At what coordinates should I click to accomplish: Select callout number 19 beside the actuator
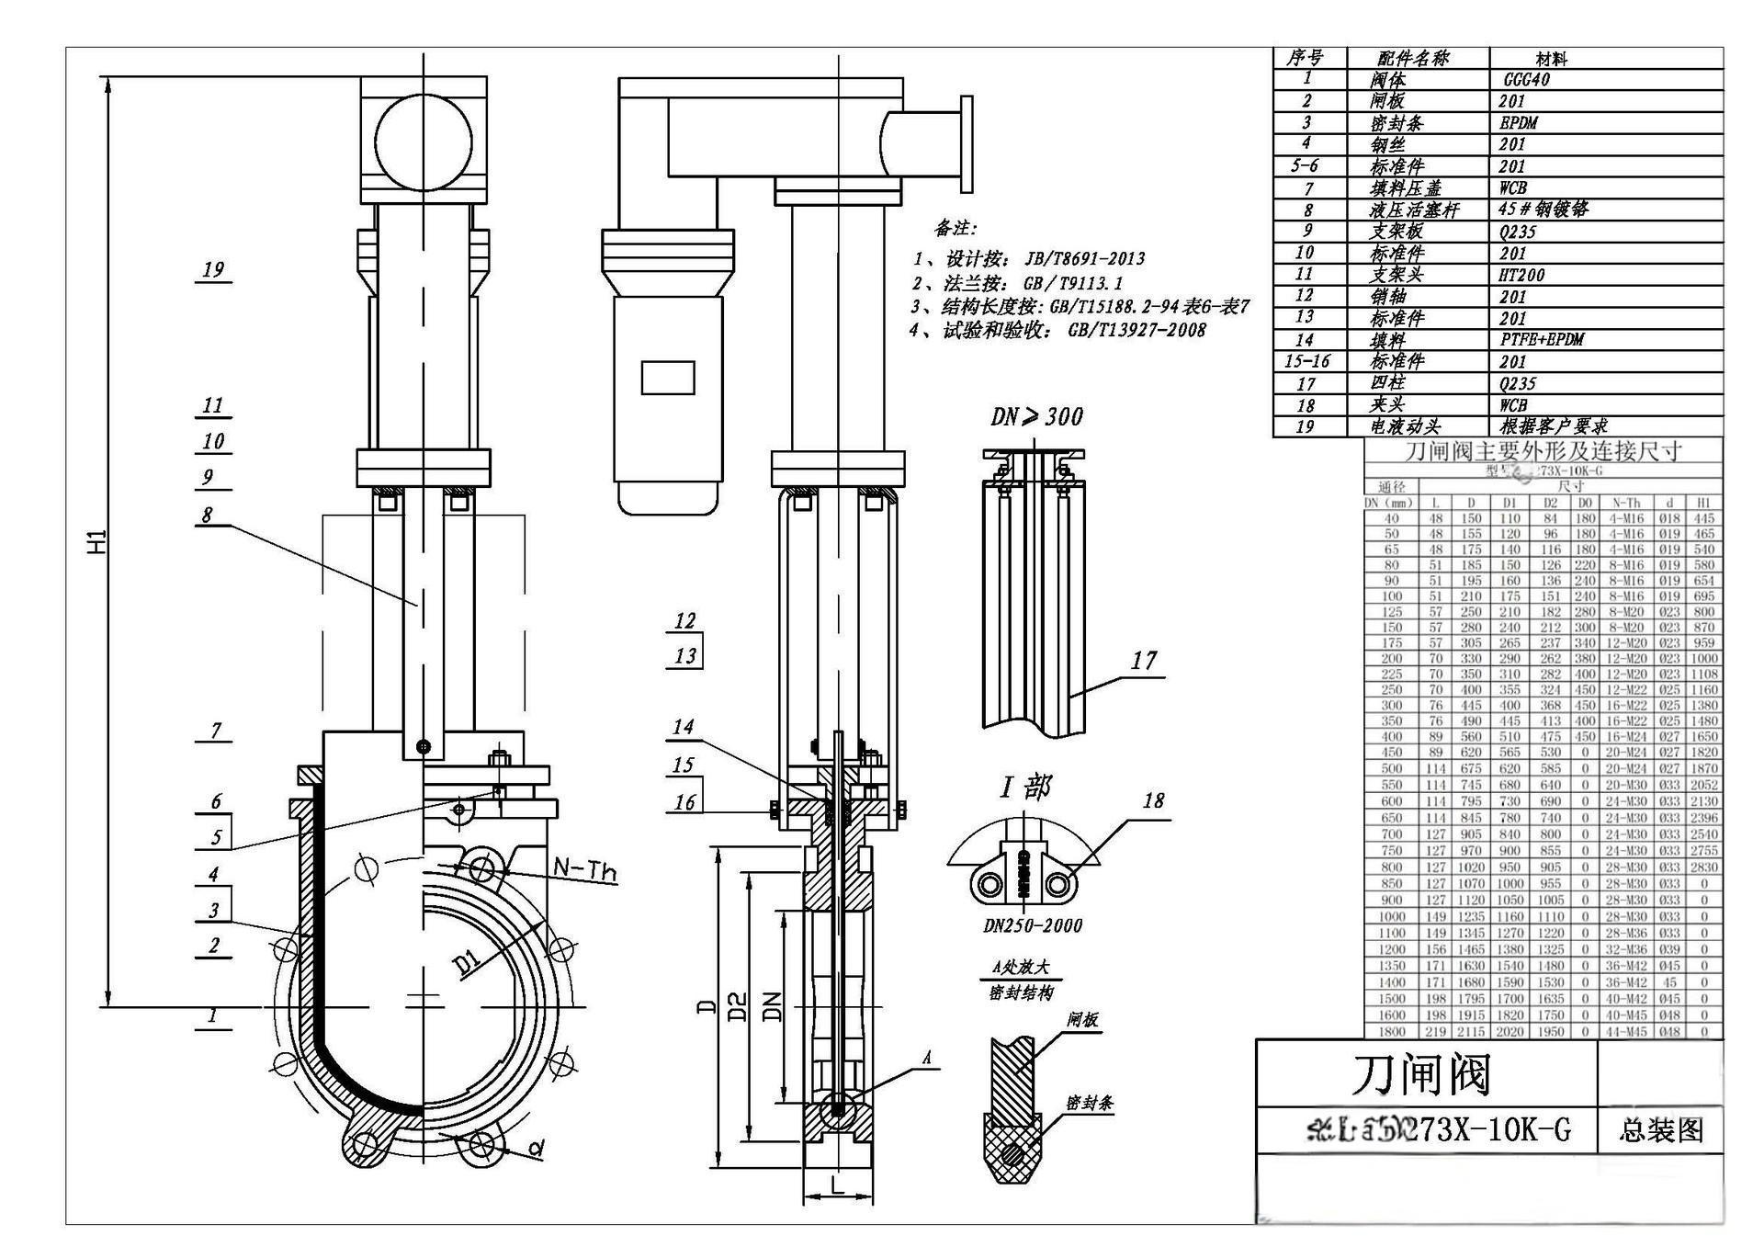point(213,269)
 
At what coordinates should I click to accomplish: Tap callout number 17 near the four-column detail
point(1144,660)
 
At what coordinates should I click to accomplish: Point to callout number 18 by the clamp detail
point(1153,800)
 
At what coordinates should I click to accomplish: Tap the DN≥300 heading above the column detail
point(1036,416)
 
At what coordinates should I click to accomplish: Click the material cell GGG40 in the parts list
point(1526,79)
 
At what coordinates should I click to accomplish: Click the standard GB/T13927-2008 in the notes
point(1136,330)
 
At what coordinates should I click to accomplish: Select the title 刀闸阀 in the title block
point(1420,1074)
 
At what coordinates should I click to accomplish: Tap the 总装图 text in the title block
point(1660,1129)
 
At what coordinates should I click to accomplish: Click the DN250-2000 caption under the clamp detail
point(1033,925)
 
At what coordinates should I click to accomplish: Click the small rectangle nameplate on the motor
point(667,378)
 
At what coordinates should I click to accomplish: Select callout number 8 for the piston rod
point(207,515)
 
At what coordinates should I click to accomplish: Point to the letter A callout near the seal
point(926,1059)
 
